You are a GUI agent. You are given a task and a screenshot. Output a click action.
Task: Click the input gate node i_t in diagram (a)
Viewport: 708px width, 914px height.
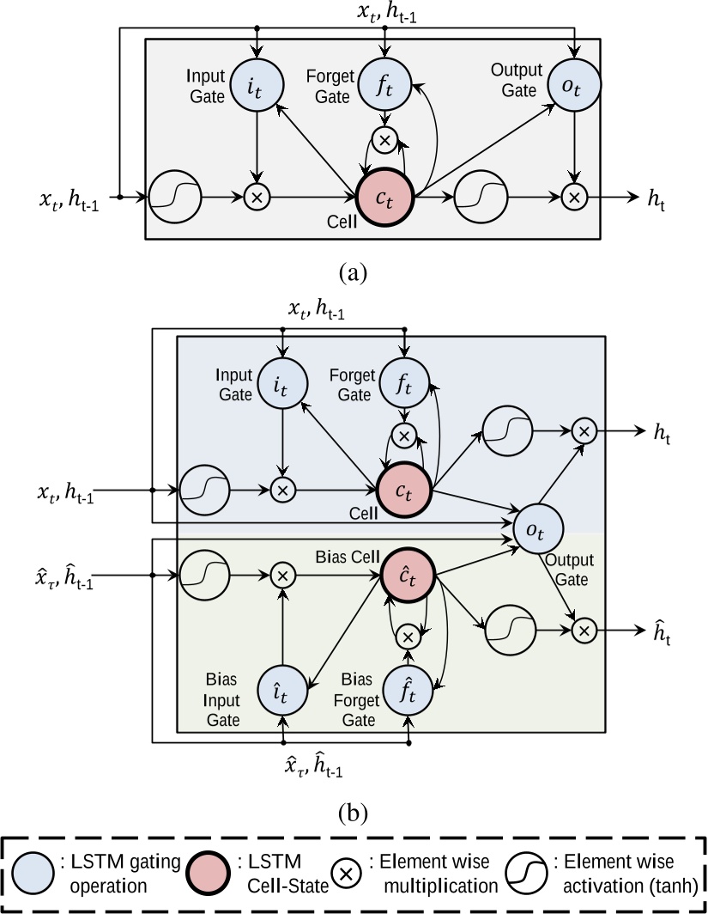point(257,86)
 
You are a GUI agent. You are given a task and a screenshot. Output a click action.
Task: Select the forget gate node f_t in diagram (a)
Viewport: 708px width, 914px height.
point(385,86)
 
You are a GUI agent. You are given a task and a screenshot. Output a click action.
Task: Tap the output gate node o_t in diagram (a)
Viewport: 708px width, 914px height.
point(574,86)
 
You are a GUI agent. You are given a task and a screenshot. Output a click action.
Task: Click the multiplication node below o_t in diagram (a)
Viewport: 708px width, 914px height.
point(574,197)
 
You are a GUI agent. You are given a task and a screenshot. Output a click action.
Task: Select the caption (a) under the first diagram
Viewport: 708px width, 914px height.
point(354,273)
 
